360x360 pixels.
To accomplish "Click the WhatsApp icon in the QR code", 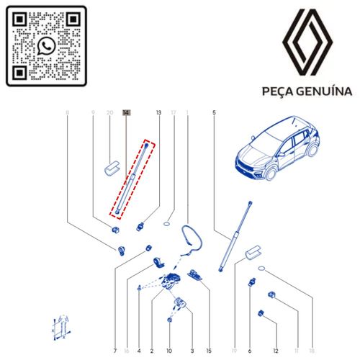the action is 46,46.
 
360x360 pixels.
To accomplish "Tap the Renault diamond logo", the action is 307,42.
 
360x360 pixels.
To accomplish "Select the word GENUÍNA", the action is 324,91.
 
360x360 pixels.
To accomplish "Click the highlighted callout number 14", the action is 127,112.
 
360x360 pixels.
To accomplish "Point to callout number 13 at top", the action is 158,112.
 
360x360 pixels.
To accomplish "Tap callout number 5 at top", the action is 214,112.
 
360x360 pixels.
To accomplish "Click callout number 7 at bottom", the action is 115,351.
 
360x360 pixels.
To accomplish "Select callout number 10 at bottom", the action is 169,351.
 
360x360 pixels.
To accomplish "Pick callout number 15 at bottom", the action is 209,351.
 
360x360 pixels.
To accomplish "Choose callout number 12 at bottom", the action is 276,351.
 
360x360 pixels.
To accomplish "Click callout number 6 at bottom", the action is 250,351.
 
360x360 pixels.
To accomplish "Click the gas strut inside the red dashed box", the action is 132,178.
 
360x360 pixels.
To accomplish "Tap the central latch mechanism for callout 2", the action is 171,281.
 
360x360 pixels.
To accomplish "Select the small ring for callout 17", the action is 166,224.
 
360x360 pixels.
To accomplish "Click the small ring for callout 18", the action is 261,269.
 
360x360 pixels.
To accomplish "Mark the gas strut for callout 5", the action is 235,237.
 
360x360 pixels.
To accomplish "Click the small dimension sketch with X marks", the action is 61,327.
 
